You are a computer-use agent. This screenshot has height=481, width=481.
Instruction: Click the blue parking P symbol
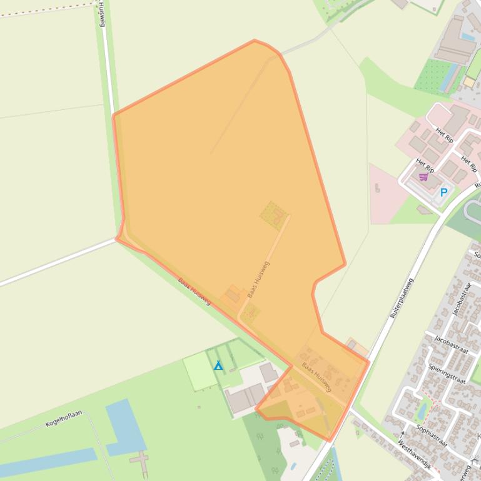pos(444,192)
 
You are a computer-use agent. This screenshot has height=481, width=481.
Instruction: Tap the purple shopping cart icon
pos(423,177)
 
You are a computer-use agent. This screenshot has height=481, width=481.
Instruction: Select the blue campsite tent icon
pos(218,365)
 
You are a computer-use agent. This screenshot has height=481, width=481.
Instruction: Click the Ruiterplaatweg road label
pos(402,299)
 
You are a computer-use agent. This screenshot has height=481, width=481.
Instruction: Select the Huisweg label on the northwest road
pos(102,14)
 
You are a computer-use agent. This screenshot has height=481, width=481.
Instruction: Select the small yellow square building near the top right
pos(469,82)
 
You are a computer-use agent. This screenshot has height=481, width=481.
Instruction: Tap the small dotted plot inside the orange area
pos(273,215)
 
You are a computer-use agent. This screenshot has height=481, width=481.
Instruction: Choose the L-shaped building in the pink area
pos(377,187)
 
